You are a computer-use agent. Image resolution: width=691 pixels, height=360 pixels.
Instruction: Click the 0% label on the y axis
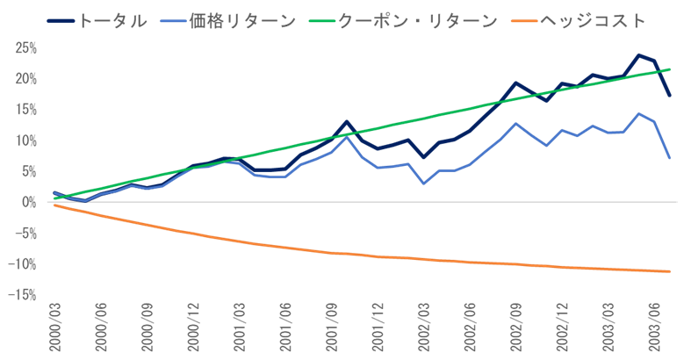pyautogui.click(x=28, y=202)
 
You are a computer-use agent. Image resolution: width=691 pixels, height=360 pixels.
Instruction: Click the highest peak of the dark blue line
pyautogui.click(x=638, y=54)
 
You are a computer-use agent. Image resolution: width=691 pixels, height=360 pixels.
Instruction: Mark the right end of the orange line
pyautogui.click(x=671, y=271)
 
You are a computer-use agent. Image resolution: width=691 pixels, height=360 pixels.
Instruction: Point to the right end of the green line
pyautogui.click(x=671, y=68)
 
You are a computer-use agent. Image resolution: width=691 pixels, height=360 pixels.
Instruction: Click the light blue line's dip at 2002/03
pyautogui.click(x=424, y=184)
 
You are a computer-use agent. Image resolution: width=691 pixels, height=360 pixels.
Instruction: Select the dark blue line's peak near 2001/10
pyautogui.click(x=347, y=121)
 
